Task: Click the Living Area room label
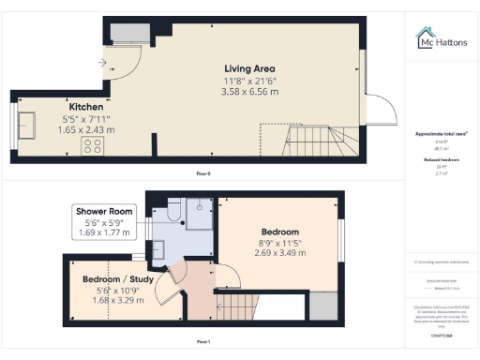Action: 248,68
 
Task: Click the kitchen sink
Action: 28,127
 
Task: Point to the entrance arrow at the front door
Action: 101,63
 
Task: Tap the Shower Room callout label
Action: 103,212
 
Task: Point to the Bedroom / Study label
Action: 112,279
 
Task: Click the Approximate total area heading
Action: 442,134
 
